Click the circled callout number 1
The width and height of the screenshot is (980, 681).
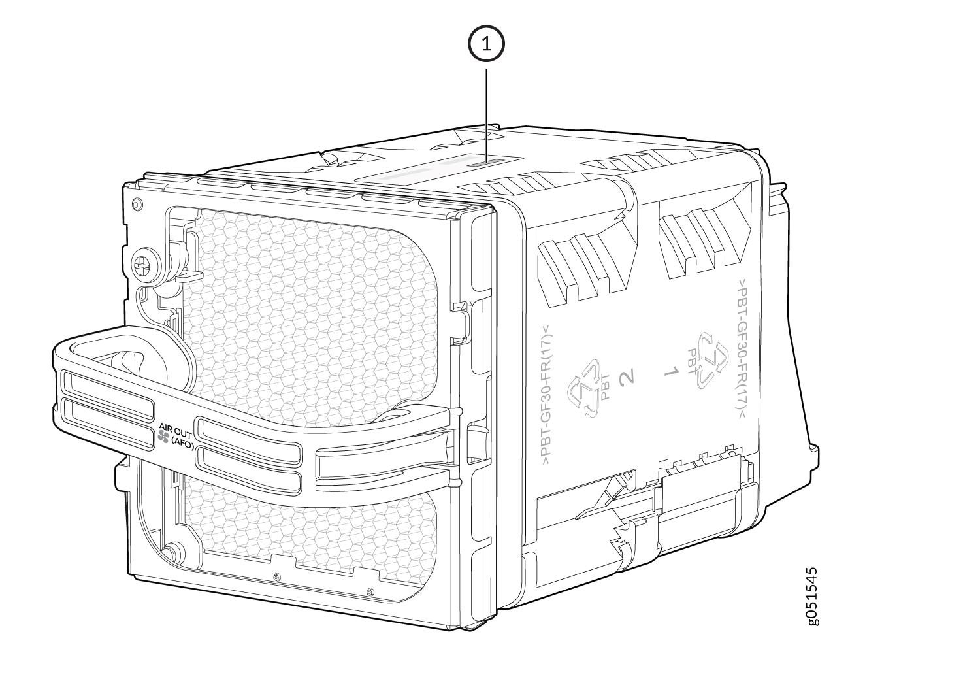tap(486, 44)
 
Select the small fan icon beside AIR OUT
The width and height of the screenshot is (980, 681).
tap(163, 439)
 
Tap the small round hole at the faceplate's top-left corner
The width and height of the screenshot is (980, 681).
tap(137, 205)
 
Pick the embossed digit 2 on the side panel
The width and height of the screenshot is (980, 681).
tap(628, 376)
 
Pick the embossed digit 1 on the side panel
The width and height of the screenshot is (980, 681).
tap(670, 372)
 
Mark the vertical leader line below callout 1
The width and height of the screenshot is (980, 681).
tap(486, 111)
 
